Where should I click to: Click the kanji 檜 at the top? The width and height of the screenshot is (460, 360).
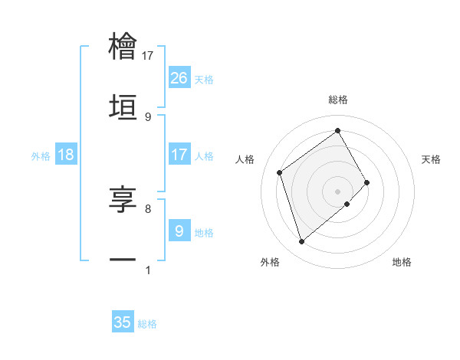[123, 47]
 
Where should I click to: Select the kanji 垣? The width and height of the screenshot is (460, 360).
[123, 106]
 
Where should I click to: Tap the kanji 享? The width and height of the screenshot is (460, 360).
[123, 198]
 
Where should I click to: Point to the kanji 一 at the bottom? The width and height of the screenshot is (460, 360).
[123, 259]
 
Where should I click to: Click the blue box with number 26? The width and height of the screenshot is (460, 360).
[179, 77]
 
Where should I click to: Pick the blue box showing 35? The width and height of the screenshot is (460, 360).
[123, 322]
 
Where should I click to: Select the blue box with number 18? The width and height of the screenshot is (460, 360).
[66, 155]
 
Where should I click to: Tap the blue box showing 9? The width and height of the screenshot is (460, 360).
[179, 230]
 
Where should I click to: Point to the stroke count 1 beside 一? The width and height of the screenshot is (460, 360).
[148, 270]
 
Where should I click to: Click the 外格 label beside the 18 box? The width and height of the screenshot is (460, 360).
[41, 155]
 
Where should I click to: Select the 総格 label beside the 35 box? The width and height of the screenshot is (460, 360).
[147, 324]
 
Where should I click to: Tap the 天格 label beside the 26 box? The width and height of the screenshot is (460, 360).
[204, 79]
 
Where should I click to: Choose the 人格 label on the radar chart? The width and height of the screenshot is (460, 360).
[245, 159]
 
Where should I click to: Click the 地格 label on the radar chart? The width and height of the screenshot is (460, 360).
[402, 262]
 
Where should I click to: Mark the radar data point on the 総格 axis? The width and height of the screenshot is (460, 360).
[337, 131]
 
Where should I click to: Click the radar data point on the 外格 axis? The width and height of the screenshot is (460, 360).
[301, 242]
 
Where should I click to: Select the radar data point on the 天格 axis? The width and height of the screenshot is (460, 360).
[367, 182]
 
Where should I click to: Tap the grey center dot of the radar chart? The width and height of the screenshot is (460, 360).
[337, 190]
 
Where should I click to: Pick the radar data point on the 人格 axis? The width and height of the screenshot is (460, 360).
[280, 172]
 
